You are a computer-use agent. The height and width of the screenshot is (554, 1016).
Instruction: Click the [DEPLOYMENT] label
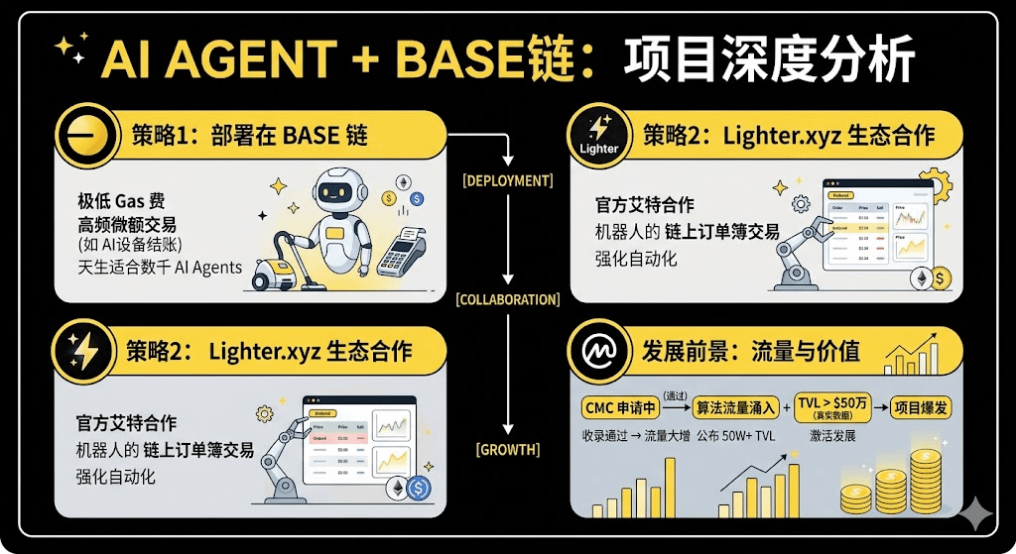click(x=508, y=180)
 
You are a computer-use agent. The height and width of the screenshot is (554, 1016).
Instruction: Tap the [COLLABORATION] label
click(x=508, y=298)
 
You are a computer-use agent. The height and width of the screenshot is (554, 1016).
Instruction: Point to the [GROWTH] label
click(x=508, y=450)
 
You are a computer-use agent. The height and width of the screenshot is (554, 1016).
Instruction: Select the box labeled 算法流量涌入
click(x=730, y=406)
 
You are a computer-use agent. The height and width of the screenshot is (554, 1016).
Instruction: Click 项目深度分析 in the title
click(x=769, y=62)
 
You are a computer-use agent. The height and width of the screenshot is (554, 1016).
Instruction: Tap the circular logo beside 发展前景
click(x=596, y=352)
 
